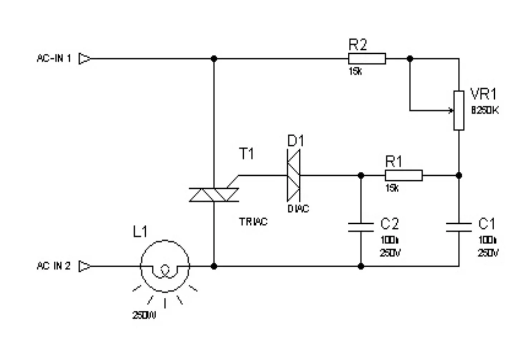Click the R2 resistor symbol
coord(367,59)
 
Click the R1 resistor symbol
coord(403,175)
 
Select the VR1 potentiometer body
coord(459,110)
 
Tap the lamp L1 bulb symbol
coord(165,266)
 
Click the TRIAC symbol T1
coord(214,195)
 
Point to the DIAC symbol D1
coord(293,175)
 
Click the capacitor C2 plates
coord(361,227)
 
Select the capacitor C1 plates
coord(459,227)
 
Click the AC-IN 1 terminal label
coord(54,58)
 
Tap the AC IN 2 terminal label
coord(54,266)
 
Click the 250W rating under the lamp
coord(144,315)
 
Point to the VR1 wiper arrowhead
coord(451,110)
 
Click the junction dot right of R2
coord(410,59)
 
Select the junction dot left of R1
coord(361,175)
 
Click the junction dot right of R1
coord(459,175)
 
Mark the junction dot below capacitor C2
coord(361,266)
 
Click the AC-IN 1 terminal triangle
coord(84,58)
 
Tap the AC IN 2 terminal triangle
coord(84,266)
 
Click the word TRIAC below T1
coord(253,222)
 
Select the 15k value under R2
coord(355,72)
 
